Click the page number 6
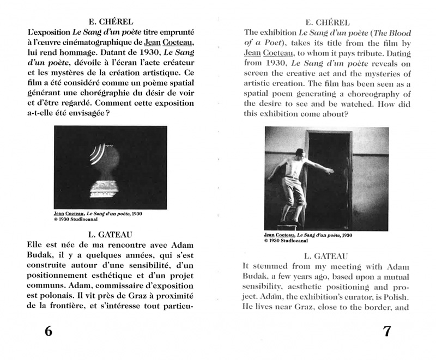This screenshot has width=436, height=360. tap(49, 331)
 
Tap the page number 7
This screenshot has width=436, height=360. tap(386, 331)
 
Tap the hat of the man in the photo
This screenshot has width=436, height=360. tap(299, 151)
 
